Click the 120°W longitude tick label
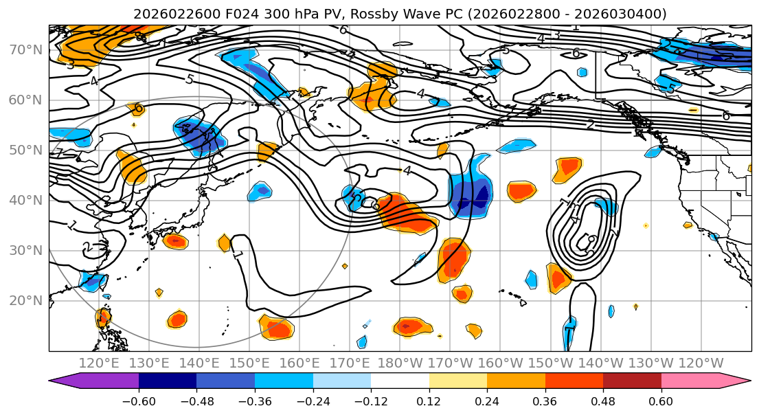[x=701, y=363]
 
